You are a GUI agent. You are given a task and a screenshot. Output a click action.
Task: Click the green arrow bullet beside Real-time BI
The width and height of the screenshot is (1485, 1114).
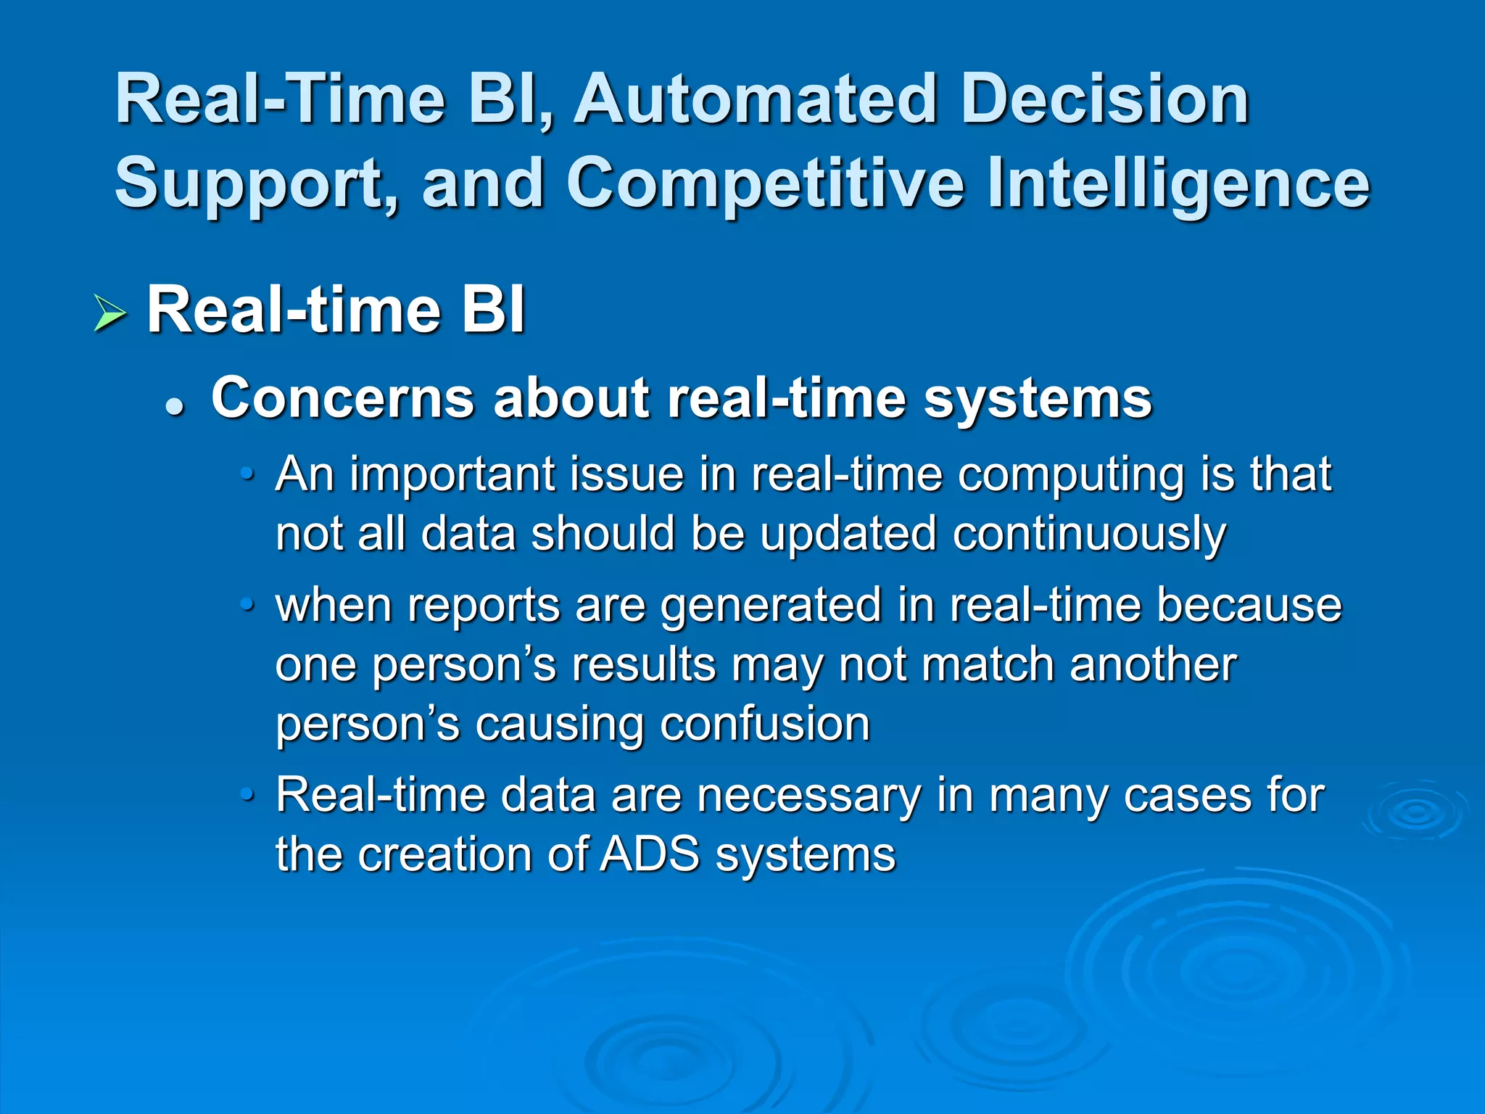point(110,314)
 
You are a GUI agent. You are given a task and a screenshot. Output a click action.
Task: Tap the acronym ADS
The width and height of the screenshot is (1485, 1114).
point(650,854)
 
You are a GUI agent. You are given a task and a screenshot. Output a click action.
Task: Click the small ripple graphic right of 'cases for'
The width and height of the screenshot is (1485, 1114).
point(1414,812)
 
